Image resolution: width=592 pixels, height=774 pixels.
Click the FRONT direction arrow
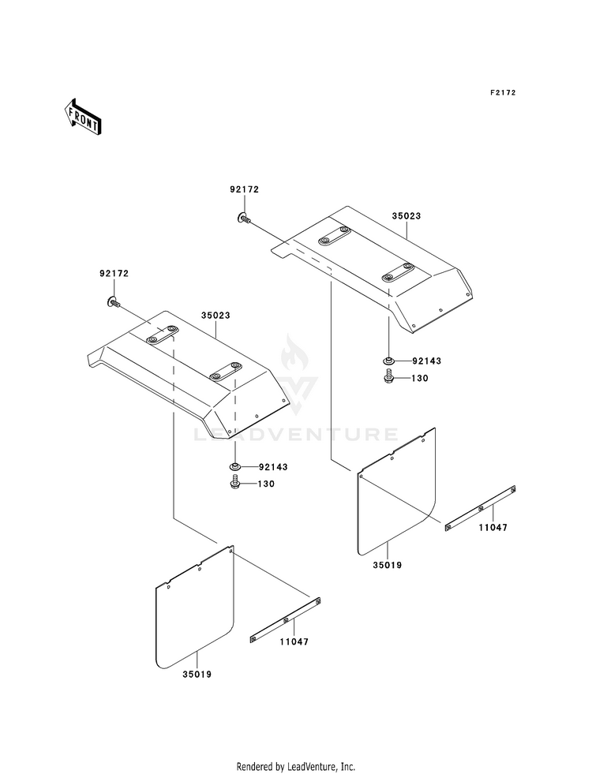coord(82,116)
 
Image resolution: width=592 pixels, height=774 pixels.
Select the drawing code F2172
coord(503,92)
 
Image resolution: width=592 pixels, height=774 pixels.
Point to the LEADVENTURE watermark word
coord(295,435)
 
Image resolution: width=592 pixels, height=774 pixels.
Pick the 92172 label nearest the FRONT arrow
coord(114,274)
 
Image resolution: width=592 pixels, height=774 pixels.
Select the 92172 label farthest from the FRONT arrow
coord(244,189)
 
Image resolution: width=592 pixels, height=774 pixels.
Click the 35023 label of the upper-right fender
coord(407,215)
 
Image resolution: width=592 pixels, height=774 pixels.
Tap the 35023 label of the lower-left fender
coord(215,315)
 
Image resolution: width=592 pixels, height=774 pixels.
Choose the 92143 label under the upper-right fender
coord(426,361)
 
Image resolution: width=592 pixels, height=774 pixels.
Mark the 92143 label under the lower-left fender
coord(273,466)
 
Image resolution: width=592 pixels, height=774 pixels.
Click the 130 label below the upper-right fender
coord(420,378)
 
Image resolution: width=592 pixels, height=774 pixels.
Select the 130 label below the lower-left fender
coord(266,484)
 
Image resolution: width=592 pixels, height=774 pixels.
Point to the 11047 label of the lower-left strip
coord(294,641)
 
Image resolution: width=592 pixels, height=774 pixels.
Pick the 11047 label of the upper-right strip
coord(493,527)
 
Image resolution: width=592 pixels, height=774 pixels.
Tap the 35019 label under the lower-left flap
coord(197,675)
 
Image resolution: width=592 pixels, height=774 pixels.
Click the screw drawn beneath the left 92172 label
coord(114,301)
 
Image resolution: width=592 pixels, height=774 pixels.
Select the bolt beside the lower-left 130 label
coord(235,482)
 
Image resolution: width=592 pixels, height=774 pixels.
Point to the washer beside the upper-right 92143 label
coord(388,361)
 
